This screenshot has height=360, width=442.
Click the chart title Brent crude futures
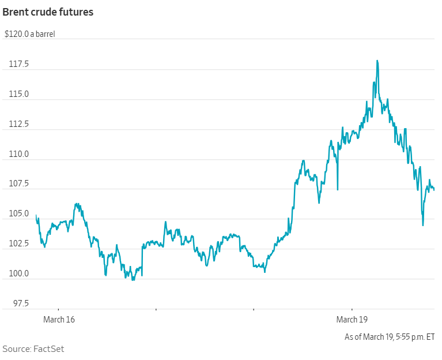48,12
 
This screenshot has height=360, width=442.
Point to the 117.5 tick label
19,64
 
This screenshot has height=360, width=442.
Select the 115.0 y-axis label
19,94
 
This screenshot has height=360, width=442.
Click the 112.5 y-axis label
19,124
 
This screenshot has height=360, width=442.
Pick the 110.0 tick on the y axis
19,154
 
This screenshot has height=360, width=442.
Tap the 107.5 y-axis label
19,183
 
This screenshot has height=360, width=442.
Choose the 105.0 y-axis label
19,213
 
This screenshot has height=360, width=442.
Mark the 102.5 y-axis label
19,243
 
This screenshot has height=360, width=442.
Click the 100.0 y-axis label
19,273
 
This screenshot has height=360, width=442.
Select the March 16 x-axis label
59,319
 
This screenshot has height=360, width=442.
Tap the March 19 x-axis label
352,319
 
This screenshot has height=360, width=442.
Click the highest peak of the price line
377,60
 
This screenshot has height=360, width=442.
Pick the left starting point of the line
36,215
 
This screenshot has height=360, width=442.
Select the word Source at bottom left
16,348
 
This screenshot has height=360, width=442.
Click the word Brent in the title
16,12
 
